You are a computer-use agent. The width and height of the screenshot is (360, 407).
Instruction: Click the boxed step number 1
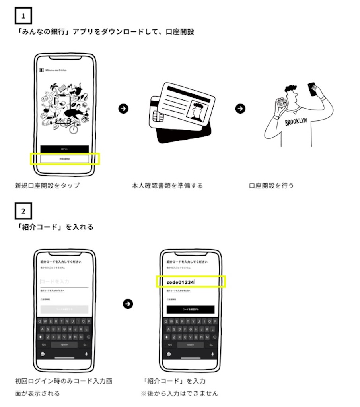pos(23,16)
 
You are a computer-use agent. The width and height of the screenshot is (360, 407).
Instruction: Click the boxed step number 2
pos(23,211)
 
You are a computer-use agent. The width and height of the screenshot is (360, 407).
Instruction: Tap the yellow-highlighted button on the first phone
pos(64,159)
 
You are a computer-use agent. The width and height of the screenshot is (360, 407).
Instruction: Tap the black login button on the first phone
pos(64,149)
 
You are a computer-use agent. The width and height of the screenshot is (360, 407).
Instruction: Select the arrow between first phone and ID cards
pos(124,109)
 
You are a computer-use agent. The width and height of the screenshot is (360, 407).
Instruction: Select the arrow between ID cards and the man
pos(240,109)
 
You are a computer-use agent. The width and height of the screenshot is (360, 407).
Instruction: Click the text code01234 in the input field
pos(180,282)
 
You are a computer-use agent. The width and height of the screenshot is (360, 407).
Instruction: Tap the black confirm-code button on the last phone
pos(191,309)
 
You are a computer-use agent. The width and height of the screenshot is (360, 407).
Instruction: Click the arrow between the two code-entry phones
pos(128,304)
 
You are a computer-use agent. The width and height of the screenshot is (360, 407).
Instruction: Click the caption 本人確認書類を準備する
pos(167,186)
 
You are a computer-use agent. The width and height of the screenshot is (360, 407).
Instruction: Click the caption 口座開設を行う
pos(271,186)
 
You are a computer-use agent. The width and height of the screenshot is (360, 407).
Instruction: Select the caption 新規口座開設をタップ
pos(47,186)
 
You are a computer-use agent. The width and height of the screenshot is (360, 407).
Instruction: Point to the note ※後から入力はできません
pos(179,393)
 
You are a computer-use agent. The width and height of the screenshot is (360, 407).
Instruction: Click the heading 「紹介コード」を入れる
pos(54,227)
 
